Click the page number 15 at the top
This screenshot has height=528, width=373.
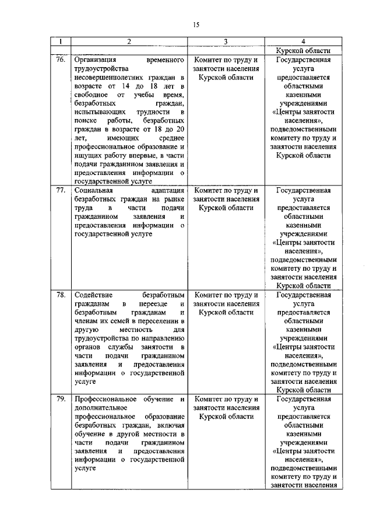(196, 25)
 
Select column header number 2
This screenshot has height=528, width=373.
(129, 42)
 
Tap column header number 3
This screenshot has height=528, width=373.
(226, 42)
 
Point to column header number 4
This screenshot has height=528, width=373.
(303, 42)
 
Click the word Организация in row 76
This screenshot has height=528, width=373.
(95, 60)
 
